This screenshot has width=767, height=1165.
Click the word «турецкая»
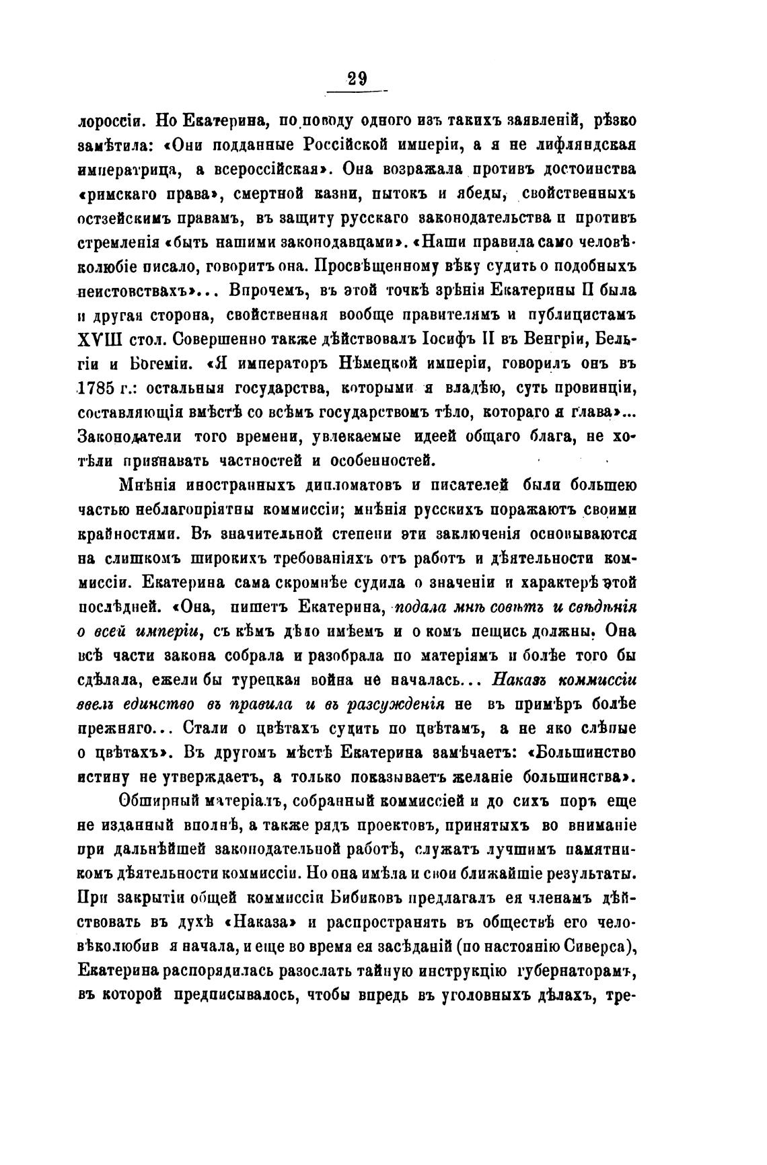[x=254, y=679]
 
